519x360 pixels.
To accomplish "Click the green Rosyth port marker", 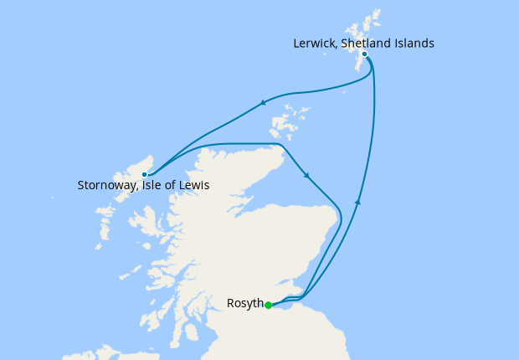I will pyautogui.click(x=268, y=305).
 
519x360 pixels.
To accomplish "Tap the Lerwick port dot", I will pyautogui.click(x=364, y=54).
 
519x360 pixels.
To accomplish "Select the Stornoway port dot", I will pyautogui.click(x=145, y=174).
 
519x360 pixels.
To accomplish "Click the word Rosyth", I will pyautogui.click(x=245, y=303).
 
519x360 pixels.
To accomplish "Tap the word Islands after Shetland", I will pyautogui.click(x=416, y=43).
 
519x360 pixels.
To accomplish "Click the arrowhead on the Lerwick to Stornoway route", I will pyautogui.click(x=263, y=103).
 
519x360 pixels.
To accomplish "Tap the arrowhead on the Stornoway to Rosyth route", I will pyautogui.click(x=307, y=176).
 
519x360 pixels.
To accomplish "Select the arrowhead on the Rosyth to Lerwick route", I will pyautogui.click(x=357, y=202).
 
